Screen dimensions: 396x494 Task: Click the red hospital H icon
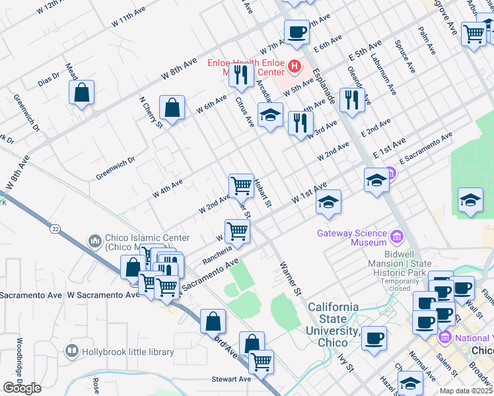point(294,67)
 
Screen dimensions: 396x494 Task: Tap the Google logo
point(22,387)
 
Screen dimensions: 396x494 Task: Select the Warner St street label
point(289,275)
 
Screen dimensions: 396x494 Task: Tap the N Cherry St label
point(151,114)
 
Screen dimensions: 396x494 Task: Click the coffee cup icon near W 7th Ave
point(297,31)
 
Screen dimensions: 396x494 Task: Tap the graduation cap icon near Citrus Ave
point(269,115)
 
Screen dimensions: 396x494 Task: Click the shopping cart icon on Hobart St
point(241,185)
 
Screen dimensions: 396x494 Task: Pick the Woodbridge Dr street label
point(20,363)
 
